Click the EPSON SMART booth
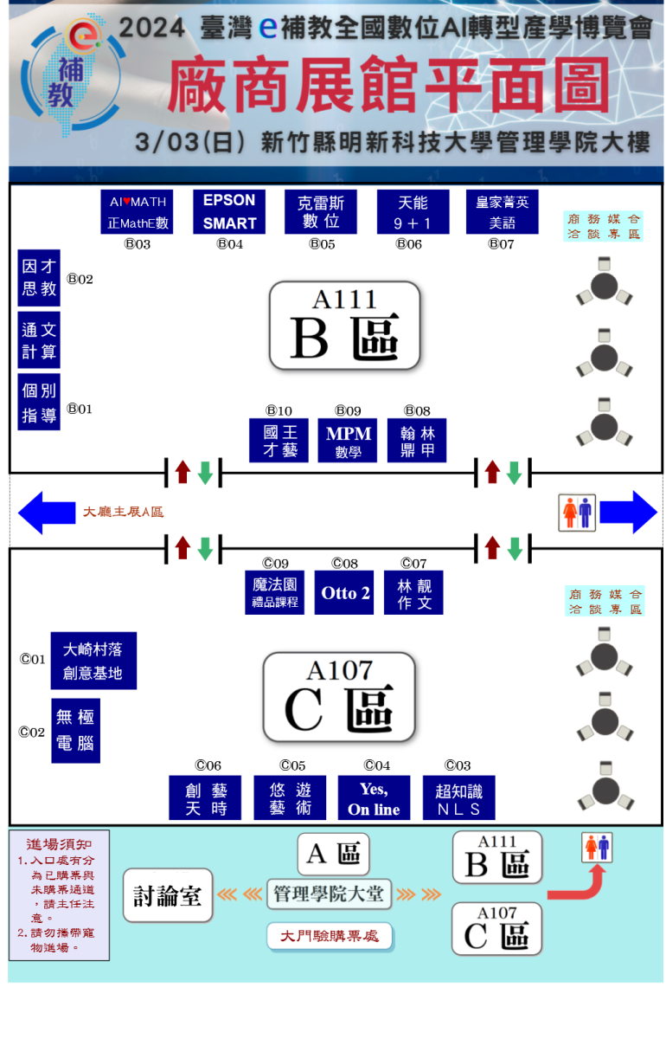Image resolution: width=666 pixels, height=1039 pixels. click(x=229, y=212)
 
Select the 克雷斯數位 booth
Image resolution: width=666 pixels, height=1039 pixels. click(x=322, y=212)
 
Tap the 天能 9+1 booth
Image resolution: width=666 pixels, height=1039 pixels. click(x=413, y=212)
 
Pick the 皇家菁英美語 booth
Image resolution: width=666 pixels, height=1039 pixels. click(x=502, y=212)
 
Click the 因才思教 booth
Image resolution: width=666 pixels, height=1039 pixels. click(x=39, y=278)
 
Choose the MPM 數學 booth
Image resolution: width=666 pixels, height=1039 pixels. click(x=348, y=441)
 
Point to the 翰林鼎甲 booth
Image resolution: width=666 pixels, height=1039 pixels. click(x=417, y=441)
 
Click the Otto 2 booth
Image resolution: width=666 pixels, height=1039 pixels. click(x=344, y=593)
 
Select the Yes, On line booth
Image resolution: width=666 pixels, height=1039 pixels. click(x=374, y=798)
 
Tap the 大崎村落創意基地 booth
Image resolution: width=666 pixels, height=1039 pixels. click(x=93, y=661)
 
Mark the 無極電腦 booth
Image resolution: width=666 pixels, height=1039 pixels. click(x=75, y=731)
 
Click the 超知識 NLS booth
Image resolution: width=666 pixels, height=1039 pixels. click(x=458, y=798)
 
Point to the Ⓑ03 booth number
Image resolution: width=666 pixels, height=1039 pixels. click(x=137, y=244)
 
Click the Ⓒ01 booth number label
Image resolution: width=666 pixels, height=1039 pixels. click(x=32, y=660)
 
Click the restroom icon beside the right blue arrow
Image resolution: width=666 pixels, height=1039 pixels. click(x=577, y=513)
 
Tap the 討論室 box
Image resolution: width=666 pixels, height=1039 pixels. click(x=168, y=895)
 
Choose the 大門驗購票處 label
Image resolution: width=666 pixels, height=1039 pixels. click(x=330, y=936)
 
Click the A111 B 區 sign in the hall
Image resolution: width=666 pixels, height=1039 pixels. click(x=344, y=326)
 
